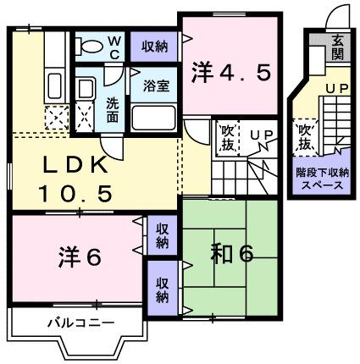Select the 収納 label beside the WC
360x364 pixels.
click(x=154, y=46)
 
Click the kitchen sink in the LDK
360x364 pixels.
click(x=53, y=85)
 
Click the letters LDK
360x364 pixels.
click(x=73, y=163)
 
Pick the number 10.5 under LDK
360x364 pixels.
click(x=74, y=193)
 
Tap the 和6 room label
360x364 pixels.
click(x=227, y=254)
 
